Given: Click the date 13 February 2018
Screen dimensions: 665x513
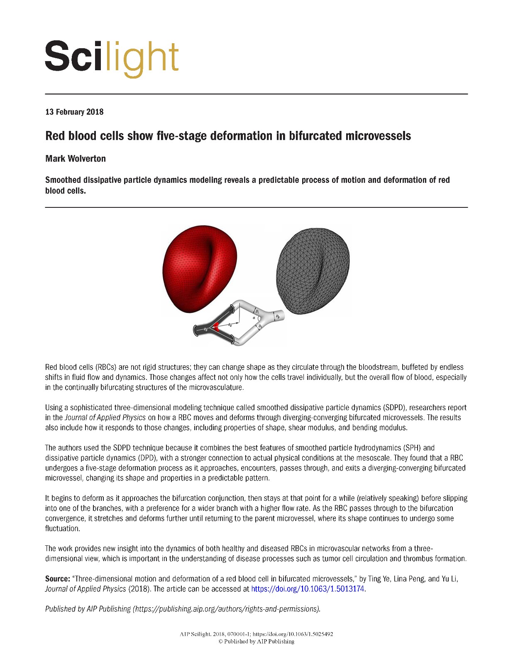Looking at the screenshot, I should (x=74, y=112).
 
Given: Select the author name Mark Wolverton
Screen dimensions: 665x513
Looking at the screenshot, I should (x=76, y=159).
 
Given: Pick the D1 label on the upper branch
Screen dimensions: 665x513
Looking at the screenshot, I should (x=257, y=311).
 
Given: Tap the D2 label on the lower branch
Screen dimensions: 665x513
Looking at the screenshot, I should (x=260, y=327).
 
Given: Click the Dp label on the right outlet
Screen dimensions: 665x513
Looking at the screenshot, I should (x=278, y=317).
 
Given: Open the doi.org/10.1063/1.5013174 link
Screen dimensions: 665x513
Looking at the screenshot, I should (x=308, y=589).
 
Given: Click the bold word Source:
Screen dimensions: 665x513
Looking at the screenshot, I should (x=58, y=579).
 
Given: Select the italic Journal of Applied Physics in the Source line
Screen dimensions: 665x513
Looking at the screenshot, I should (x=85, y=589).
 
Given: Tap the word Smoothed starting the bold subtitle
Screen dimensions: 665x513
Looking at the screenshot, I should (x=63, y=180).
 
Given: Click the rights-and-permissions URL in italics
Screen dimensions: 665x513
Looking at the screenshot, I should (x=226, y=609).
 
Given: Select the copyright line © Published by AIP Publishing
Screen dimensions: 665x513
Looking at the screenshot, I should (x=256, y=641).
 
